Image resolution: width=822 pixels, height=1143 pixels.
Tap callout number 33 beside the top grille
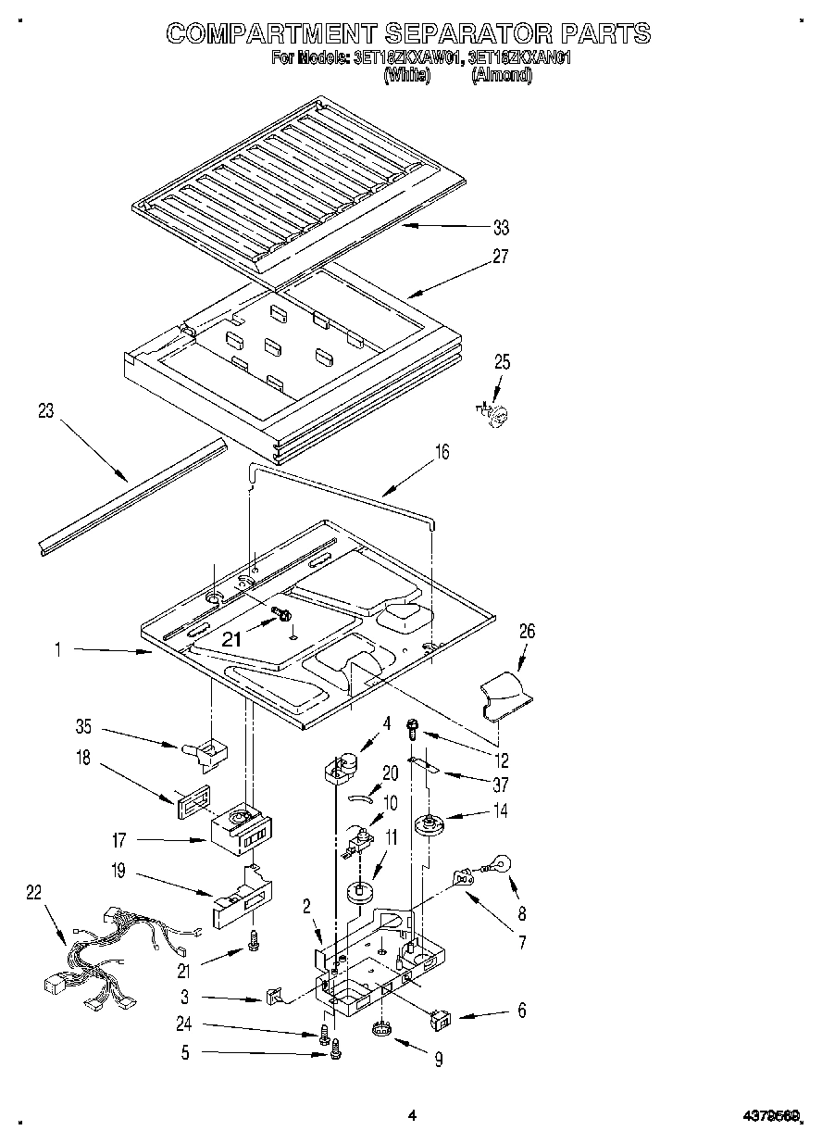(x=501, y=228)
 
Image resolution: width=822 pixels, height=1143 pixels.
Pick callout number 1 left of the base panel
(x=57, y=651)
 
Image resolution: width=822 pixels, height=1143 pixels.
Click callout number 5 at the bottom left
(x=185, y=1051)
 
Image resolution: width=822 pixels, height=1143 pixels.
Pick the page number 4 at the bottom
(x=412, y=1115)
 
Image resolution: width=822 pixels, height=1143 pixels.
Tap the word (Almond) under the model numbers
(x=502, y=77)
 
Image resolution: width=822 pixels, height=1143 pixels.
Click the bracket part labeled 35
(x=211, y=751)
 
